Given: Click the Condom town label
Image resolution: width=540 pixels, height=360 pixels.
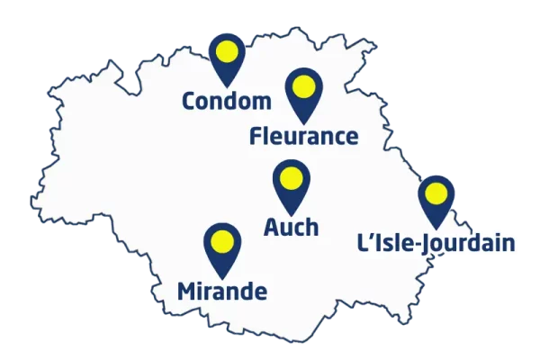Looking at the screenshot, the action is click(x=226, y=101).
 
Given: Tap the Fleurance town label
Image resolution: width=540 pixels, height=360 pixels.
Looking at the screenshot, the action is click(x=303, y=137).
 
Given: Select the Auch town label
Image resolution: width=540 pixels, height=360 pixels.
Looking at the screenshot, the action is click(x=291, y=227).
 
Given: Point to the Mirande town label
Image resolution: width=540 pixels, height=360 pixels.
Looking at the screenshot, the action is click(x=222, y=291).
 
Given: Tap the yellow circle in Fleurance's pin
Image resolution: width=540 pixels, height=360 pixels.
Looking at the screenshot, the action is click(x=303, y=87).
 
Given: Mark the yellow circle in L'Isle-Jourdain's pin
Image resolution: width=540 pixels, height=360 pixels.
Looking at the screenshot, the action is click(x=436, y=193).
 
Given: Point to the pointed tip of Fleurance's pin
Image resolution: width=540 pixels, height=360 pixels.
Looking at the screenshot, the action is click(x=303, y=121).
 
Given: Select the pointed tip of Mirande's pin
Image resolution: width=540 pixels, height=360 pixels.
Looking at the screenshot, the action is click(x=222, y=275).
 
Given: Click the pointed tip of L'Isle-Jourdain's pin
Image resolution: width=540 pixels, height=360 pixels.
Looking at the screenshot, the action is click(x=436, y=227).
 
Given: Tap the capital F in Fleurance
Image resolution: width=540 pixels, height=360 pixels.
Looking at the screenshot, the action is click(x=256, y=137).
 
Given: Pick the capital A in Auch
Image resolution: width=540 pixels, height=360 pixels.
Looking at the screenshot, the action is click(x=271, y=227).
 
